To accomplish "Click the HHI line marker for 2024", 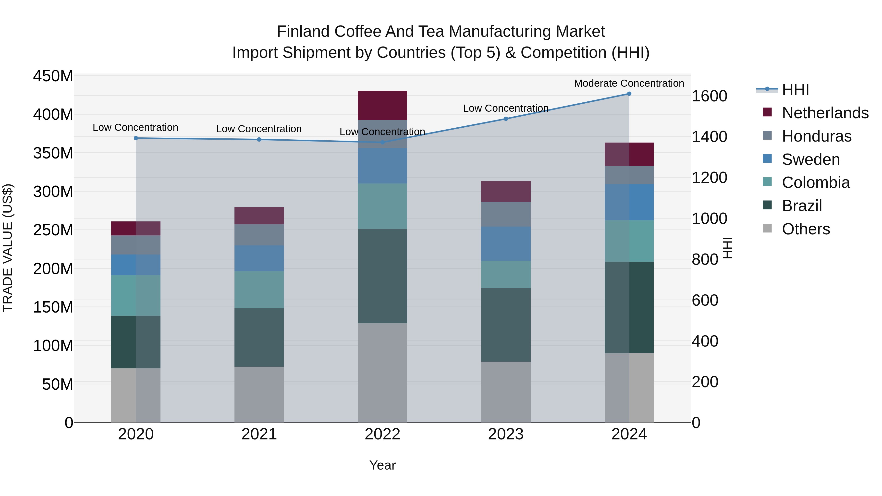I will pos(629,94).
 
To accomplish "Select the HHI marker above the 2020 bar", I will pos(136,138).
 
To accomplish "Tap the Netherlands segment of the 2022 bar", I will pos(382,105).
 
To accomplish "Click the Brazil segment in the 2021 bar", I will pos(259,337).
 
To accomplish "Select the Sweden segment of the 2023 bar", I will pos(506,244).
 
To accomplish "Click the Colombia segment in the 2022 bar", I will pos(382,206).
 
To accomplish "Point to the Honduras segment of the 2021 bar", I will pos(259,235).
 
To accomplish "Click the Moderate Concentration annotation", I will pos(629,83).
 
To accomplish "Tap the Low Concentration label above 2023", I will pos(506,108).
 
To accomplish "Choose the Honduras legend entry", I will pos(816,136).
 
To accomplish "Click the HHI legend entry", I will pos(795,90).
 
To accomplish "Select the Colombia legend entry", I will pos(816,182).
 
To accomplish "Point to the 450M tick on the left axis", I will pos(53,76).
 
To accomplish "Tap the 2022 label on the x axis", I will pos(382,434).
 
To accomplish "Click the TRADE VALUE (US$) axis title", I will pos(8,248).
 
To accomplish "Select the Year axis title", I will pos(382,465).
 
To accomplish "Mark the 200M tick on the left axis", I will pos(53,269).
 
